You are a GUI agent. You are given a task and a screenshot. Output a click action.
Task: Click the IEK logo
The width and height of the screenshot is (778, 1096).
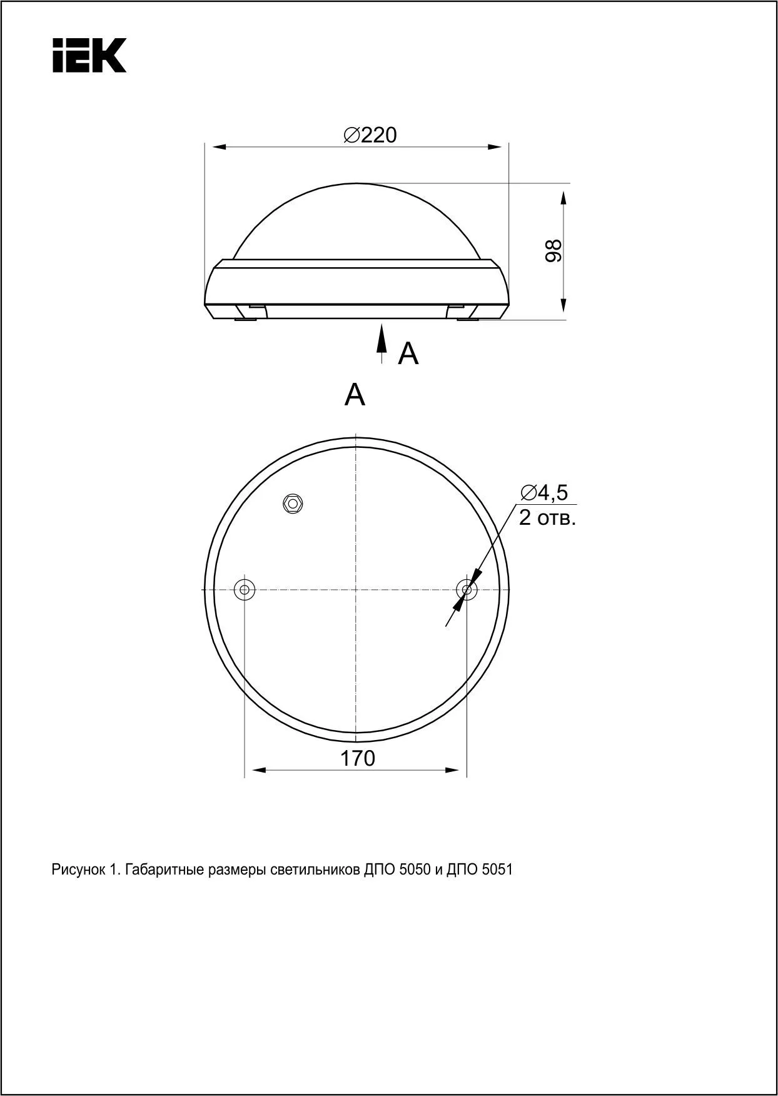pyautogui.click(x=89, y=55)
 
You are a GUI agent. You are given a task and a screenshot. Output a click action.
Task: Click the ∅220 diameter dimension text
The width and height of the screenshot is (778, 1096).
pyautogui.click(x=370, y=134)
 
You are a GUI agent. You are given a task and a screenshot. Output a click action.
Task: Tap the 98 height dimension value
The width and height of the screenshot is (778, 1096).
pyautogui.click(x=553, y=250)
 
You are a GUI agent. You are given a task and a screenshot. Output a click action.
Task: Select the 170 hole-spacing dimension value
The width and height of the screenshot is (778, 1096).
pyautogui.click(x=357, y=758)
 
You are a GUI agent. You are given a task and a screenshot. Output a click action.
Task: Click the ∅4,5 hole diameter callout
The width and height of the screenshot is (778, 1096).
pyautogui.click(x=544, y=493)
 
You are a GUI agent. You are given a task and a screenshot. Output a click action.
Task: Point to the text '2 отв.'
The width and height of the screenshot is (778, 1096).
pyautogui.click(x=547, y=518)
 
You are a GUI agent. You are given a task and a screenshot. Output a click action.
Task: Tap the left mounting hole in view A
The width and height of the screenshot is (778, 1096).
pyautogui.click(x=244, y=589)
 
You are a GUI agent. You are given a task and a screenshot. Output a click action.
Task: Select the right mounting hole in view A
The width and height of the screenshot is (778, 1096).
pyautogui.click(x=467, y=589)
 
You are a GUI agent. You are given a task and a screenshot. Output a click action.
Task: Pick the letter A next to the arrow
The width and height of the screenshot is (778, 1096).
pyautogui.click(x=408, y=354)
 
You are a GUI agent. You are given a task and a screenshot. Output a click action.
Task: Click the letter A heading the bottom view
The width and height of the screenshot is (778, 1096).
pyautogui.click(x=355, y=395)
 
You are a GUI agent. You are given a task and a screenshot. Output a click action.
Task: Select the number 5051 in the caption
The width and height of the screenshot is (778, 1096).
pyautogui.click(x=498, y=870)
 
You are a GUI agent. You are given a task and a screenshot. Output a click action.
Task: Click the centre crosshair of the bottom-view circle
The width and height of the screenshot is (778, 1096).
pyautogui.click(x=355, y=589)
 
